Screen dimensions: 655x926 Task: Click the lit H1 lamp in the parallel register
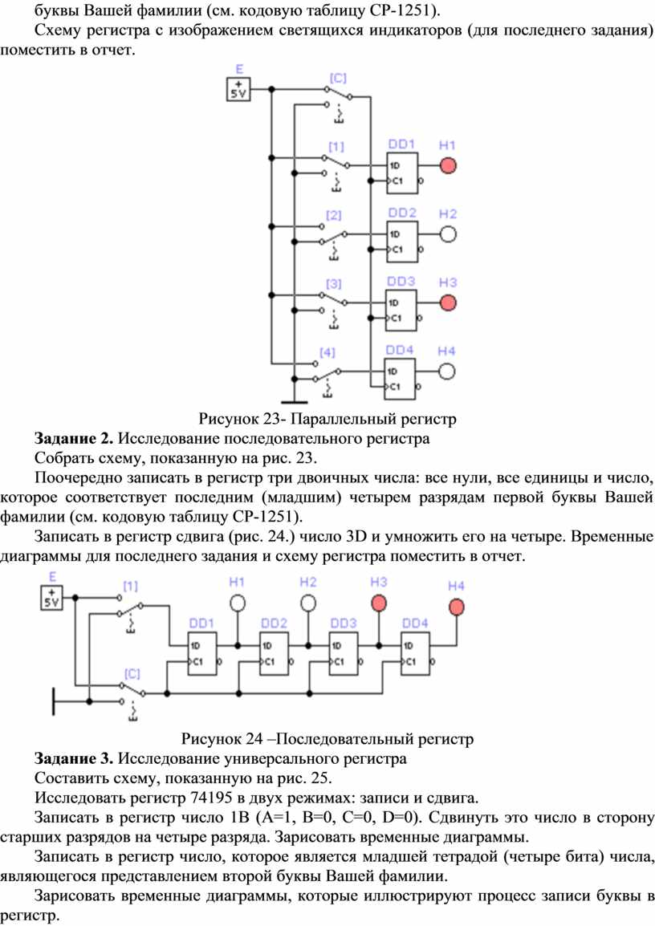click(448, 166)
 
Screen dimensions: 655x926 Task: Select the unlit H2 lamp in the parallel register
click(448, 234)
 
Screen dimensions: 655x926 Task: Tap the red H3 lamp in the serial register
click(379, 603)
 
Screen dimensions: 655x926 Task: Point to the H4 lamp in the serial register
click(456, 607)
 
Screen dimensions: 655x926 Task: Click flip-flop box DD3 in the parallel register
click(401, 311)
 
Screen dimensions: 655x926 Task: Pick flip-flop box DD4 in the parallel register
click(401, 379)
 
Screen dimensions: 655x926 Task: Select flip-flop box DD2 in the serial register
click(274, 653)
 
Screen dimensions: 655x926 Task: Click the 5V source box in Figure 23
click(238, 90)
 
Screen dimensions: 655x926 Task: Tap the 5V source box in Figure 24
click(51, 598)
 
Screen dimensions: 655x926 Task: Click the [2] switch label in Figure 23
click(334, 215)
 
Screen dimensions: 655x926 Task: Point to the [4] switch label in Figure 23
click(327, 352)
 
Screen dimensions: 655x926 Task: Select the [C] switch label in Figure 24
click(132, 674)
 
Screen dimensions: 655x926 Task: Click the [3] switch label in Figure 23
click(334, 284)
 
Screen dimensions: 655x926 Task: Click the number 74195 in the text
click(211, 798)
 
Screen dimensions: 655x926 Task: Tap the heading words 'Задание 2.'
click(74, 439)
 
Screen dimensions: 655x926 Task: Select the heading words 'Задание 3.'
click(74, 759)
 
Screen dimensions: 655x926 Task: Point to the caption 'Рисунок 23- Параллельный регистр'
click(327, 419)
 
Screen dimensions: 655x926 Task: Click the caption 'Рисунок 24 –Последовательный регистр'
click(327, 739)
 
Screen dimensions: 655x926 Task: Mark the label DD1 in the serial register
click(201, 623)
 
